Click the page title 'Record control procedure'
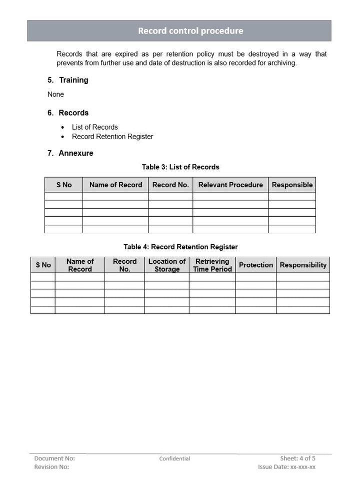coord(190,31)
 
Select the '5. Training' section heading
coord(68,80)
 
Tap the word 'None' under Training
coord(55,94)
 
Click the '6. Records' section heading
coord(68,113)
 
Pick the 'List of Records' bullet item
coord(95,127)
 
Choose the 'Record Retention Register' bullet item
coord(112,137)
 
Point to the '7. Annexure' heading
coord(70,153)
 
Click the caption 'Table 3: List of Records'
coord(180,167)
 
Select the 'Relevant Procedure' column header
coord(230,185)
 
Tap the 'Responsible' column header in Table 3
coord(292,185)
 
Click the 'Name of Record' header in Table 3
coord(115,185)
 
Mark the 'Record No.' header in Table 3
coord(170,185)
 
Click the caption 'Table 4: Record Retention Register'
coord(180,247)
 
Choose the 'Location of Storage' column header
coord(167,265)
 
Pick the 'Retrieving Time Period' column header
coord(212,265)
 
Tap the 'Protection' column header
coord(256,265)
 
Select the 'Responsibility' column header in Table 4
coord(303,265)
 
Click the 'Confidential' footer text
coord(174,458)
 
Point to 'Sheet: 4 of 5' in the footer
coord(297,458)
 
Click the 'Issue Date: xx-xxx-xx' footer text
coord(286,467)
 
